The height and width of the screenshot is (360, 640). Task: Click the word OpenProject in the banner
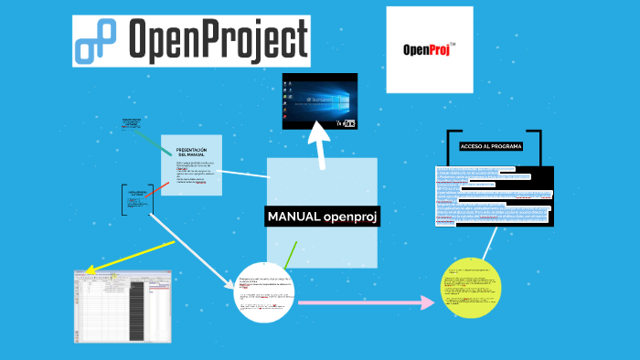(x=218, y=39)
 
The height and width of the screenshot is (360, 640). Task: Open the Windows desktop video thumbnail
(x=319, y=100)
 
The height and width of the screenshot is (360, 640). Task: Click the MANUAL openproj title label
(x=322, y=217)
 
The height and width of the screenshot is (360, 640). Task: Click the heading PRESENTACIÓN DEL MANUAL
(x=191, y=152)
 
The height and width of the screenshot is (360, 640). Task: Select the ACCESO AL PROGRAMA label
(x=491, y=146)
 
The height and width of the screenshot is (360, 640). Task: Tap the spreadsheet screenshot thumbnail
(x=122, y=305)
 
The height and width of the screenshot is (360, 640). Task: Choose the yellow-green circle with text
(x=472, y=289)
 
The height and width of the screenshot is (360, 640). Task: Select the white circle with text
(x=266, y=292)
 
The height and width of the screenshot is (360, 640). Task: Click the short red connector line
(x=158, y=188)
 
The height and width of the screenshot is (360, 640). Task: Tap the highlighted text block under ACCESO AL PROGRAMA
(x=495, y=196)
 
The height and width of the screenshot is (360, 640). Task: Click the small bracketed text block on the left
(x=137, y=200)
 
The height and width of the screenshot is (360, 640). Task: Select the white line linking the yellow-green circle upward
(x=489, y=242)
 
